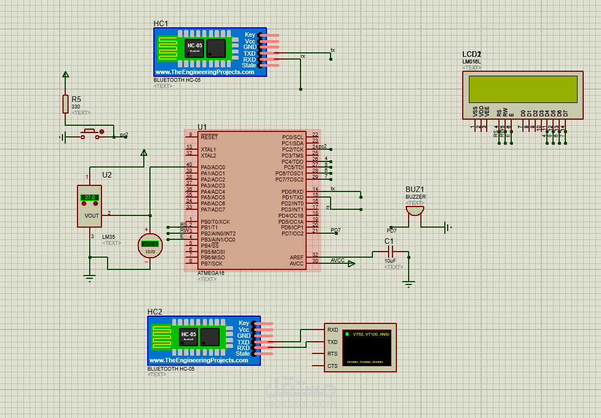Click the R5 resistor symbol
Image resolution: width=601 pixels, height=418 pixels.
coord(66,104)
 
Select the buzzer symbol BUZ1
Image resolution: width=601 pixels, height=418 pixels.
coord(415,210)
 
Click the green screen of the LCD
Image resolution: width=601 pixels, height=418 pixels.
coord(523,89)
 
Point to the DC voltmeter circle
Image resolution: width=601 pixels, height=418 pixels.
coord(150,245)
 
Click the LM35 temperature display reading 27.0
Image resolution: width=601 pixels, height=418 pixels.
coord(89,197)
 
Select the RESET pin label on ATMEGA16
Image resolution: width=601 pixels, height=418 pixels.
coord(210,137)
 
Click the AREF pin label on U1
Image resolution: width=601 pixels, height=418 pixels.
coord(297,257)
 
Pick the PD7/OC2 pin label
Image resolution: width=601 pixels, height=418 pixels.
coord(293,233)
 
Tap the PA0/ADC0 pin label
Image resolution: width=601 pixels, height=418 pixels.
coord(213,167)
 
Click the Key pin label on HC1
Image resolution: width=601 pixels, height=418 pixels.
coord(250,35)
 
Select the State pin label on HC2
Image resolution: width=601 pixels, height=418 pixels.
coord(243,354)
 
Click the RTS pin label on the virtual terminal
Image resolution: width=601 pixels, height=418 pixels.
coord(333,354)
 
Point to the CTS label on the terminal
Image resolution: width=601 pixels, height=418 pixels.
coord(333,366)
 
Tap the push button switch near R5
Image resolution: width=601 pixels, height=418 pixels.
coord(92,134)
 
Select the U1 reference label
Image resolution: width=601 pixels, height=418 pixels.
coord(202,127)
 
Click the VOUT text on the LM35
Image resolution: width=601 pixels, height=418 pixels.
coord(91,215)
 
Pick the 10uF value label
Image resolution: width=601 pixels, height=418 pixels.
coord(390,260)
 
